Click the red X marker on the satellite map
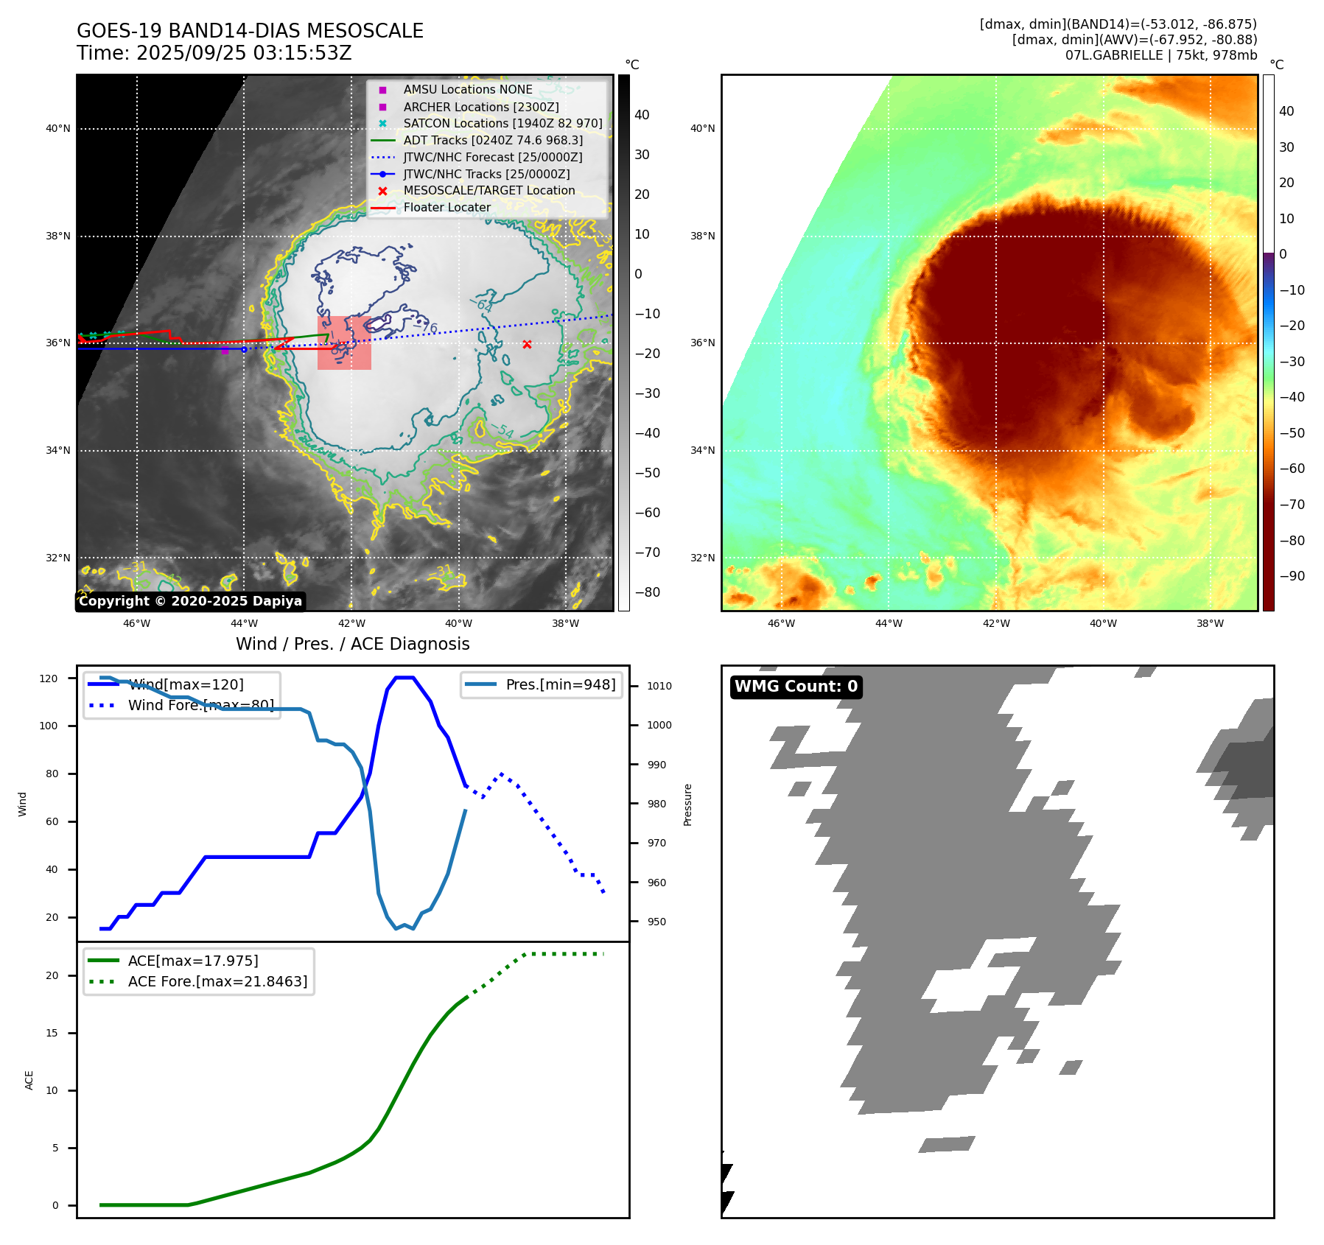527,344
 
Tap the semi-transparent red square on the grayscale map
344,343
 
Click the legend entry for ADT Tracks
492,140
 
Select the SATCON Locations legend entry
502,123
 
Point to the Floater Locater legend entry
446,208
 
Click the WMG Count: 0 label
796,687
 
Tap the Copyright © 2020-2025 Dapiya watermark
190,601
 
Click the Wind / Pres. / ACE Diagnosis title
352,644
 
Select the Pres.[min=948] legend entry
560,684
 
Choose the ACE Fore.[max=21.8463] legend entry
217,981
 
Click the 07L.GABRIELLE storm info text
1160,55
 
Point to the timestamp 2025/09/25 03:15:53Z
244,53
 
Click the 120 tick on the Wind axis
49,678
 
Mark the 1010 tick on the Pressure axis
659,686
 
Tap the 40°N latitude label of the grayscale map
58,129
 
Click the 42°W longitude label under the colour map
995,623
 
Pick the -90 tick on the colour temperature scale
1292,576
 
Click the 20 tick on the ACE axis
52,975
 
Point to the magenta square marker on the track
225,351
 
